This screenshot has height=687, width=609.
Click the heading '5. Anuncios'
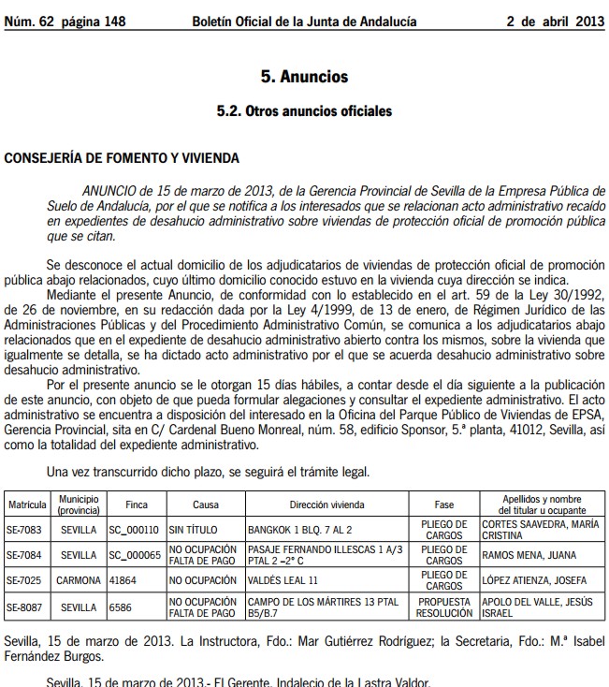tap(304, 77)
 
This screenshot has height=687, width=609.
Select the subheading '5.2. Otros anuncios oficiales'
tap(304, 111)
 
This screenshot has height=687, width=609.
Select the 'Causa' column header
tap(206, 504)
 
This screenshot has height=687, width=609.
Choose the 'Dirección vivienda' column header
tap(326, 504)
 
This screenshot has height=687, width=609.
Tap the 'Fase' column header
tap(444, 504)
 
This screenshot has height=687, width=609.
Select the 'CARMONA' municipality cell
tap(79, 580)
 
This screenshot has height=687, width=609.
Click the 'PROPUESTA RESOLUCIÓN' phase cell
tap(444, 607)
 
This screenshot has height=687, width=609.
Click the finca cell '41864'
tap(123, 580)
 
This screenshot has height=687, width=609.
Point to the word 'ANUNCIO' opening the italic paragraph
tap(113, 190)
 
